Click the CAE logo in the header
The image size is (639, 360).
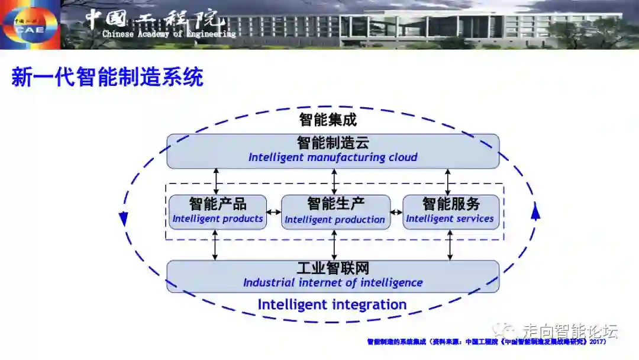29,24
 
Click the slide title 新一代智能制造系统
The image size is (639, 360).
107,77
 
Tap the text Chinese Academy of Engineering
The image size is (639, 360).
169,34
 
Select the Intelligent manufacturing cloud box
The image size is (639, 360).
333,150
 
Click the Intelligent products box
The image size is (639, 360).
217,211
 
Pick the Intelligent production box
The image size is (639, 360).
335,211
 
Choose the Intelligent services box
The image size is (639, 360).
450,211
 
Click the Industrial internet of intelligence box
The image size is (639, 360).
333,276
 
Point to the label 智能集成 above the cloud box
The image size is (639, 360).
328,120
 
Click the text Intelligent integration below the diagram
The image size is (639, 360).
332,305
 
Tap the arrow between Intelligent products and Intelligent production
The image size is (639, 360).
273,212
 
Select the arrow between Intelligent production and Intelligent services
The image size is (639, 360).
396,212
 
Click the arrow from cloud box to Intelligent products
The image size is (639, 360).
216,181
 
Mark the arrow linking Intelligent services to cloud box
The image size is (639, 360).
447,181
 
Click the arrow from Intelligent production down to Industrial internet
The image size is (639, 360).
334,245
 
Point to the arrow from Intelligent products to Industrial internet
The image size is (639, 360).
215,245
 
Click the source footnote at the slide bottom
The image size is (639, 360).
486,342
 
